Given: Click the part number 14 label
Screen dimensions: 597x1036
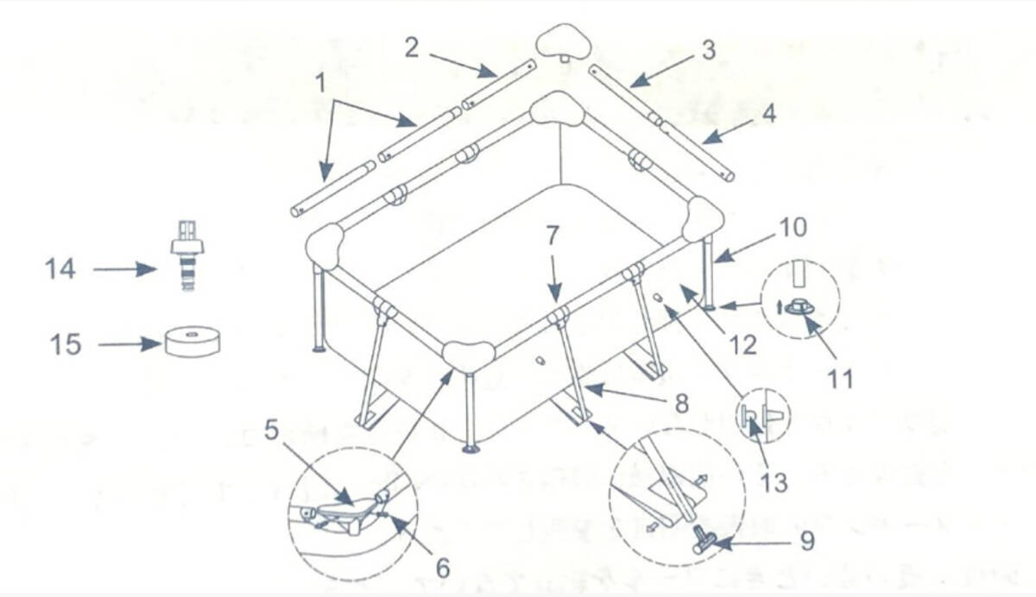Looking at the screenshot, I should [x=60, y=269].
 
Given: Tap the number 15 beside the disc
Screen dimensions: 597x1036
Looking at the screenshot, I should [x=66, y=344].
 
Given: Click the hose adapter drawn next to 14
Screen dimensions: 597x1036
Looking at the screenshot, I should [x=183, y=254].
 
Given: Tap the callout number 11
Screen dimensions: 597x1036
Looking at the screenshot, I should [x=838, y=378].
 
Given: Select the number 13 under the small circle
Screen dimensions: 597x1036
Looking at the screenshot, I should [x=774, y=481].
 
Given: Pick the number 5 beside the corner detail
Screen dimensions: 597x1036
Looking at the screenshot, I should [x=272, y=430].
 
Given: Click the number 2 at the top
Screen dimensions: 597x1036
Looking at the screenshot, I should [x=412, y=47].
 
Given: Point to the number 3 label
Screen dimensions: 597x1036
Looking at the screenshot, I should [x=708, y=50].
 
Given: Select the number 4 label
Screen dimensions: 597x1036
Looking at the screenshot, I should [x=767, y=113].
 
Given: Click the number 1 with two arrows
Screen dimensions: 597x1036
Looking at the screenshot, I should [x=321, y=84].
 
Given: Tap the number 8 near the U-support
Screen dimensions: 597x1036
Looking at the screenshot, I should [x=681, y=403].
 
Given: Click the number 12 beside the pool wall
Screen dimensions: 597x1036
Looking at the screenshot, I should [x=742, y=344].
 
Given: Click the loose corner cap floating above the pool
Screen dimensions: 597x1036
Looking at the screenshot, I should [x=561, y=41].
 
